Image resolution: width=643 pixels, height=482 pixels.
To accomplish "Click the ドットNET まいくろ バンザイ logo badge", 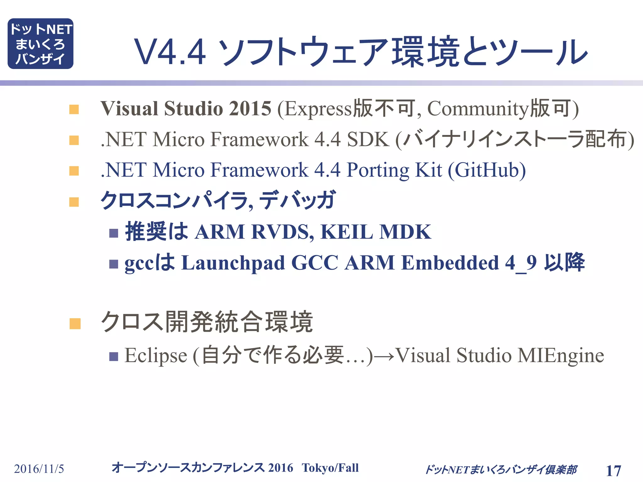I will click(x=41, y=44).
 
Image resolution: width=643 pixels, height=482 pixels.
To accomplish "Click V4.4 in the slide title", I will click(x=170, y=52).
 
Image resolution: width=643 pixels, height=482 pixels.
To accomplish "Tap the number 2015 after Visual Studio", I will click(x=250, y=109).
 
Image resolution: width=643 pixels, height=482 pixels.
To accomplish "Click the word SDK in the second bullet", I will click(x=368, y=139).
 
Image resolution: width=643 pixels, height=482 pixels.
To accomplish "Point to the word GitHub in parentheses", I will click(x=487, y=170).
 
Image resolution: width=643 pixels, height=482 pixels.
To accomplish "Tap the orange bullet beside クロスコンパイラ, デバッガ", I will click(x=74, y=202).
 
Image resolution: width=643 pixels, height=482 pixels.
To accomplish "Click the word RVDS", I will click(x=282, y=232).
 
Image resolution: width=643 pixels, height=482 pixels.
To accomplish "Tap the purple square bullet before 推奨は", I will click(x=114, y=233).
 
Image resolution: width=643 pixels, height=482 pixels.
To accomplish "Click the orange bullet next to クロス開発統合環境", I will click(x=75, y=324).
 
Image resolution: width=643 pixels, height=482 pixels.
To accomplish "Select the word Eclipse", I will click(x=156, y=356).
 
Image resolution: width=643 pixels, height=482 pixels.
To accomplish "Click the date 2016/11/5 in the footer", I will click(x=39, y=469).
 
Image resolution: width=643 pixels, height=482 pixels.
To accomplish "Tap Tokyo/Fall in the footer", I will click(x=330, y=468).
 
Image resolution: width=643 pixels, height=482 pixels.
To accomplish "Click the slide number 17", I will click(x=613, y=470).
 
